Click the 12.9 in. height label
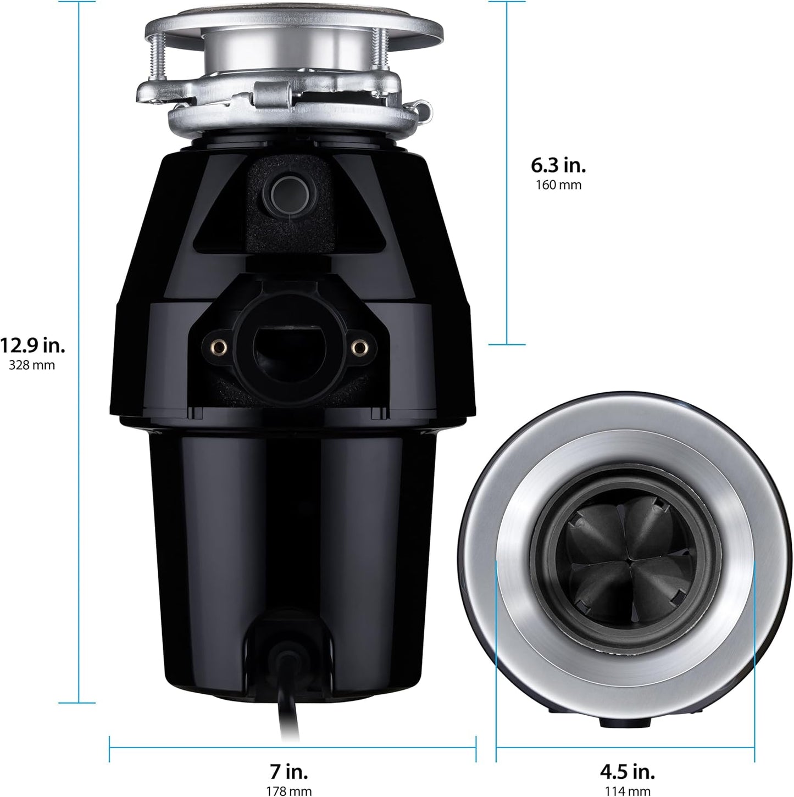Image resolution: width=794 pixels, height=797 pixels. pyautogui.click(x=32, y=346)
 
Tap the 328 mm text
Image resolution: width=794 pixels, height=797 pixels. pyautogui.click(x=32, y=365)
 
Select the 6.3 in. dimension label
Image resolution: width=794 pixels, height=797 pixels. pyautogui.click(x=558, y=165)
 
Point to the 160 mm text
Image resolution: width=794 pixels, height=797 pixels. pyautogui.click(x=558, y=185)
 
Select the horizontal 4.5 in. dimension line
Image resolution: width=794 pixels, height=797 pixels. pyautogui.click(x=625, y=747)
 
